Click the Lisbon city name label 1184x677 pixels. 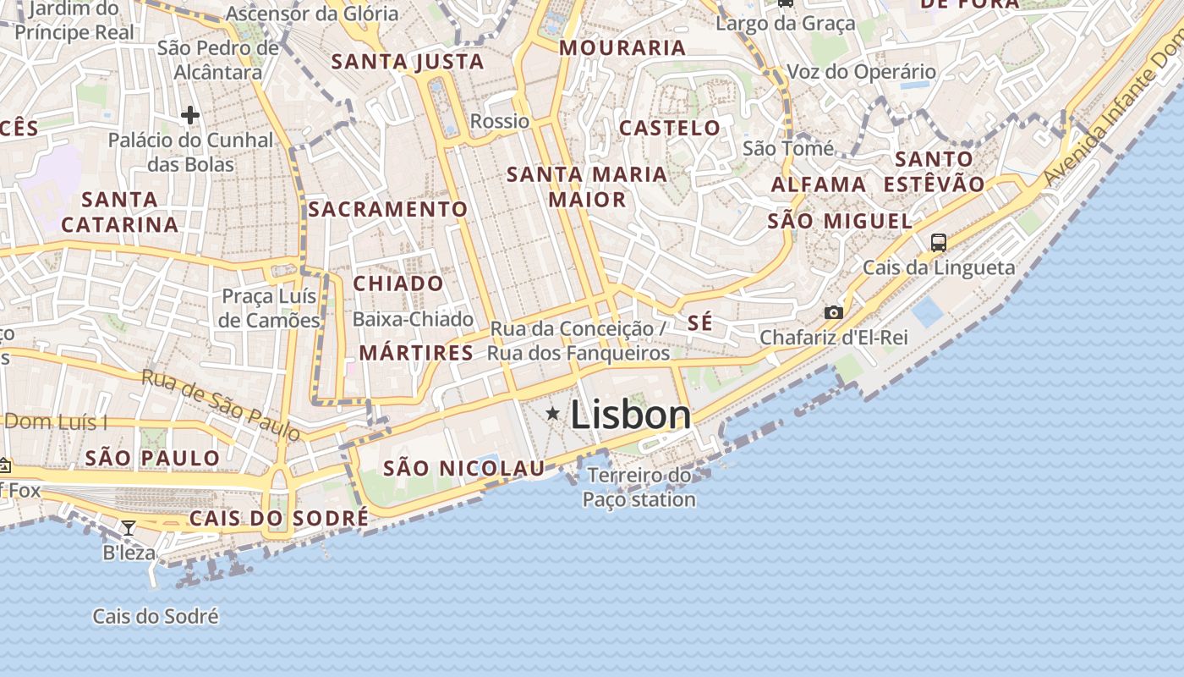pos(630,416)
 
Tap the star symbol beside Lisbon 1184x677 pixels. pos(553,413)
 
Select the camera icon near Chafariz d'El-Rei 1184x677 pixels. pos(833,312)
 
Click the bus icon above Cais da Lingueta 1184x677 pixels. pos(938,243)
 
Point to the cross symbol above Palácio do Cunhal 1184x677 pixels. pos(190,115)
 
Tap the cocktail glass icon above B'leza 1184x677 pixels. pos(129,528)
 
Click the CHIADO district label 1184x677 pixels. pos(397,283)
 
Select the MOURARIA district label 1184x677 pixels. pos(622,48)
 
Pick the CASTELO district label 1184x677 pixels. pos(670,129)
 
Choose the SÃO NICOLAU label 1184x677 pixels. pos(464,468)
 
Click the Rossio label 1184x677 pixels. pos(500,121)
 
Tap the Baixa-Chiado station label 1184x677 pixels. pos(413,319)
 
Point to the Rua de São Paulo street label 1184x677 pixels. pos(221,405)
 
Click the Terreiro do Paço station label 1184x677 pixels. pos(639,487)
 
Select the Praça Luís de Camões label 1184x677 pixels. pos(270,308)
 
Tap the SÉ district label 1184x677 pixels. pos(699,322)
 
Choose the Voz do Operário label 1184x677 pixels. pos(861,72)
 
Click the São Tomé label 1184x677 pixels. pos(788,149)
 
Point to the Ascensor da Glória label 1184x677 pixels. pos(312,14)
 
